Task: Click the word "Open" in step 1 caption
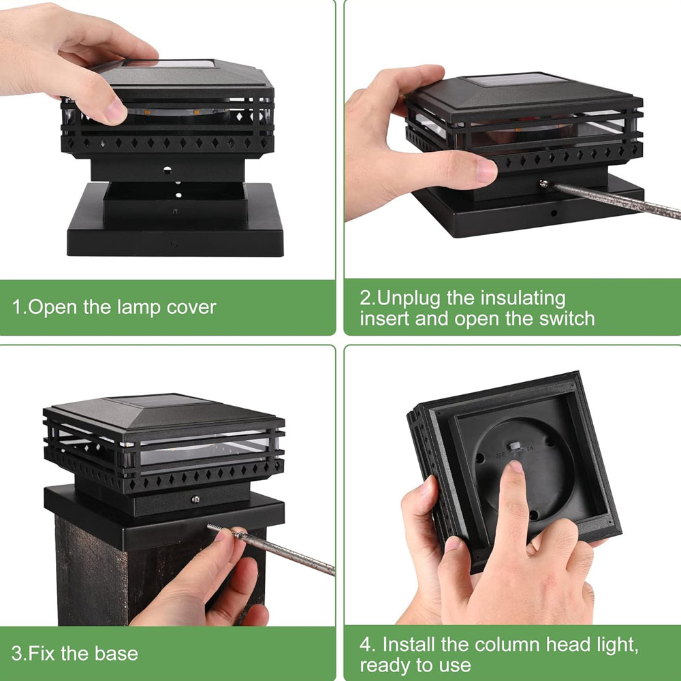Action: (x=53, y=308)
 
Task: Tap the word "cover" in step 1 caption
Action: (x=191, y=308)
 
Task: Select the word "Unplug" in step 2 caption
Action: (x=409, y=299)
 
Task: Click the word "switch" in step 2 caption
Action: (x=567, y=318)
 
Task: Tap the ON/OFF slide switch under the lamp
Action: (x=516, y=447)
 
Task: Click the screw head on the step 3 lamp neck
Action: (x=195, y=499)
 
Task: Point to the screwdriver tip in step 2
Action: (x=543, y=184)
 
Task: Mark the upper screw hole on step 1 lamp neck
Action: (x=168, y=170)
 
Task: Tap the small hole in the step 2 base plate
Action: (x=554, y=213)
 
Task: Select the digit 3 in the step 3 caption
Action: (x=16, y=654)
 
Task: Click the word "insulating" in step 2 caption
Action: (x=523, y=299)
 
